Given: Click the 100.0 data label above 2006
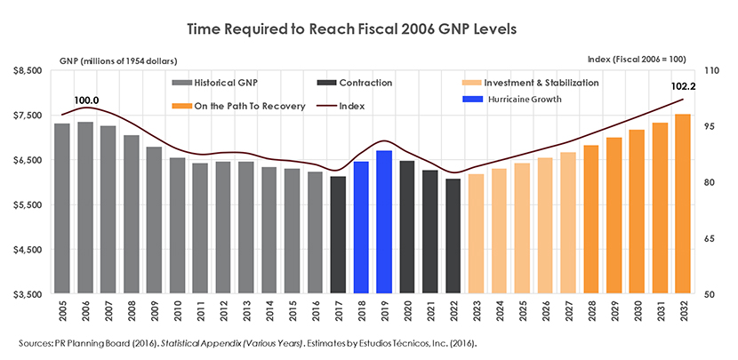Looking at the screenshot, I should point(85,100).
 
